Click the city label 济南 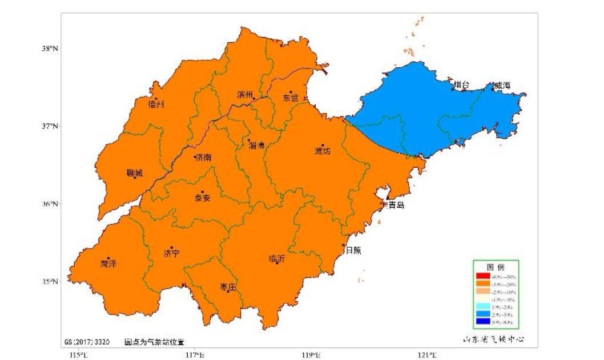pyautogui.click(x=203, y=157)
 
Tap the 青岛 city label pyautogui.click(x=396, y=205)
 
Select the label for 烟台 pyautogui.click(x=461, y=86)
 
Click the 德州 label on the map pyautogui.click(x=156, y=105)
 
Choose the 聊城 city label pyautogui.click(x=135, y=173)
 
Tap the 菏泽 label pyautogui.click(x=108, y=264)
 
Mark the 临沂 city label pyautogui.click(x=277, y=258)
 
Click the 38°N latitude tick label pyautogui.click(x=50, y=48)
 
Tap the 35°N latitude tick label pyautogui.click(x=50, y=282)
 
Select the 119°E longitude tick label pyautogui.click(x=312, y=355)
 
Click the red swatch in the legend pyautogui.click(x=482, y=276)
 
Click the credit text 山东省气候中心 pyautogui.click(x=493, y=339)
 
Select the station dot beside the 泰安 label pyautogui.click(x=202, y=192)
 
